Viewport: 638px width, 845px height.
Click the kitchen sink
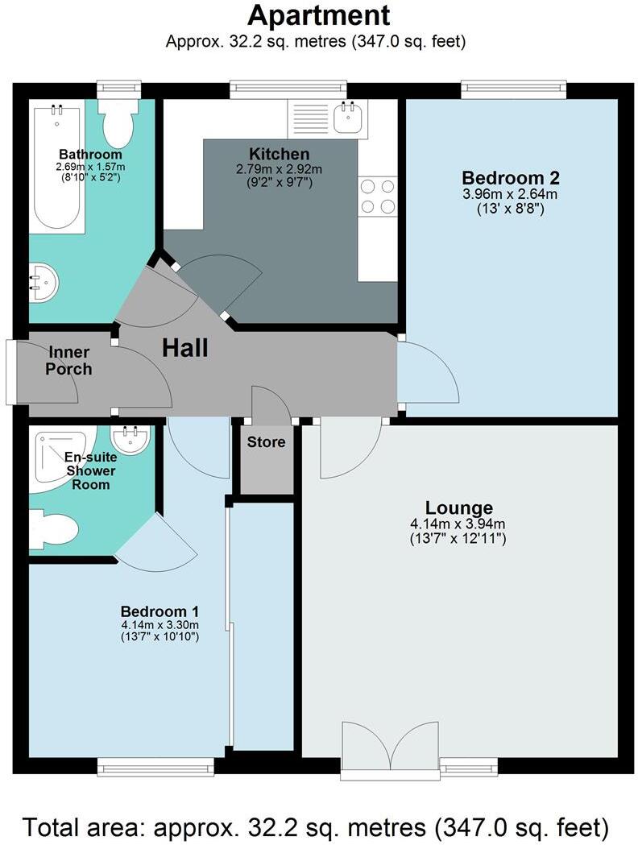348,118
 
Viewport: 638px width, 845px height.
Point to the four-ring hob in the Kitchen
377,197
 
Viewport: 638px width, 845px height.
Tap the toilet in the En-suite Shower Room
54,531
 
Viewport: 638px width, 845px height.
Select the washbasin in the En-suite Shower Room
128,439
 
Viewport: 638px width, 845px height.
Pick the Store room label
266,442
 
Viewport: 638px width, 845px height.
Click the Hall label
185,349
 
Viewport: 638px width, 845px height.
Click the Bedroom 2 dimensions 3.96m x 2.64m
510,194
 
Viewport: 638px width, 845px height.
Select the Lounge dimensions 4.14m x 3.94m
458,524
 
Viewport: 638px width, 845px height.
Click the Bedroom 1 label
159,611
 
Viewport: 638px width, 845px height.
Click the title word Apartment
319,16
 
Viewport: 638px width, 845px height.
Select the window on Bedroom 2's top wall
513,89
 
